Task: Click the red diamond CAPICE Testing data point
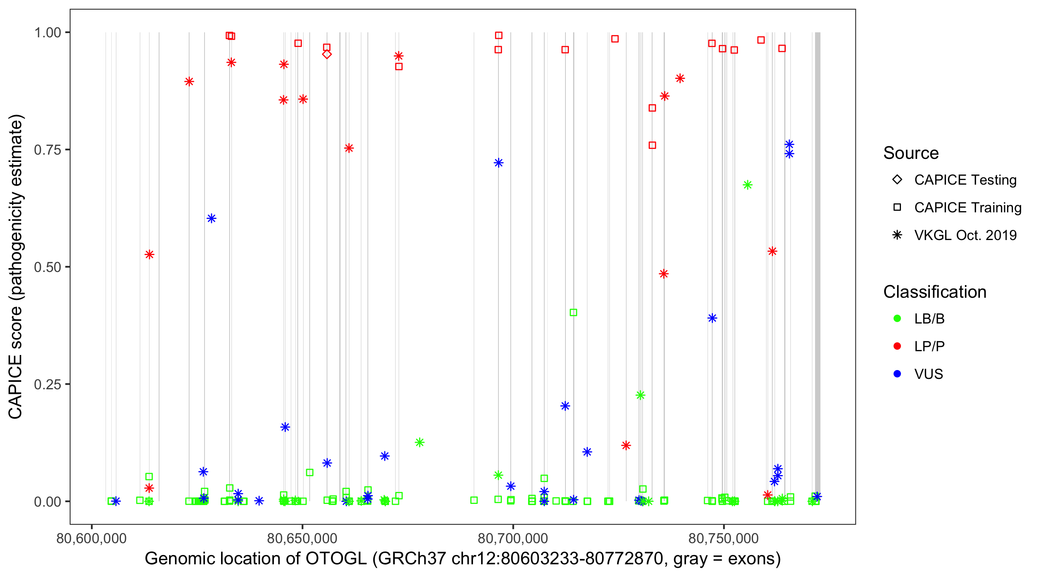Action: click(x=327, y=55)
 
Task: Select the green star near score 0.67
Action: click(x=747, y=185)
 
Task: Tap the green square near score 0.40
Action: click(x=573, y=312)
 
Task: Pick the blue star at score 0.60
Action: click(x=211, y=218)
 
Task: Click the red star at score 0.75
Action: click(x=349, y=148)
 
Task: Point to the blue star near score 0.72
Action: click(x=498, y=163)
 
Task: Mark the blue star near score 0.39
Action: click(x=712, y=318)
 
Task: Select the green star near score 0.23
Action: click(x=640, y=395)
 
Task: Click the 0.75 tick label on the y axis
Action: click(x=47, y=150)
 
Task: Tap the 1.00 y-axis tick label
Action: click(x=47, y=33)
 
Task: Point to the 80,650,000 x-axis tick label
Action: click(x=302, y=539)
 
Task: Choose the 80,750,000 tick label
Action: click(x=723, y=539)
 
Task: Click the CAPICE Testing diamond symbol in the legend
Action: click(x=897, y=180)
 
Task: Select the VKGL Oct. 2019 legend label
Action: click(x=965, y=235)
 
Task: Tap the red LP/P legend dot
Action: click(x=897, y=346)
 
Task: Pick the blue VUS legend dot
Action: click(x=897, y=374)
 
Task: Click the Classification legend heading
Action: click(x=934, y=292)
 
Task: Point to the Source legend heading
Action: click(x=911, y=153)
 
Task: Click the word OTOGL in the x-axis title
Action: click(x=336, y=559)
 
